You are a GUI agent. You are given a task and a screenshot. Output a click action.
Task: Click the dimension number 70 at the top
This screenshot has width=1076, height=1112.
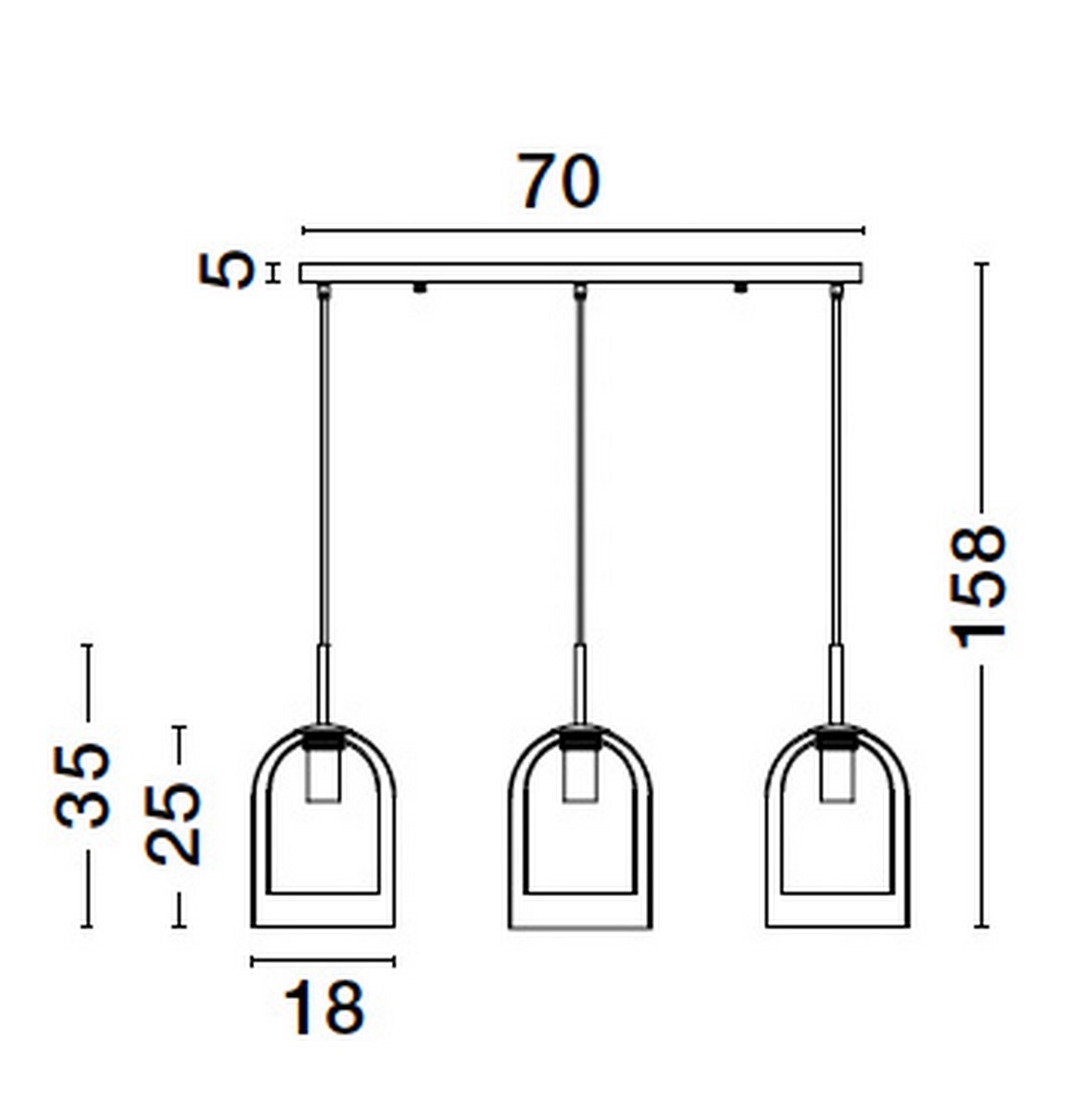pos(559,182)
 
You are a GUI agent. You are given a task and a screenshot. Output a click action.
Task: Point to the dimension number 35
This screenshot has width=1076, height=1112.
pos(82,784)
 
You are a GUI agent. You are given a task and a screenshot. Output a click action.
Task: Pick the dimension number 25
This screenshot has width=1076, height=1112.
pos(173,824)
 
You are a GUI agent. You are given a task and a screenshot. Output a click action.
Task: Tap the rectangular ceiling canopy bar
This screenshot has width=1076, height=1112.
pos(580,273)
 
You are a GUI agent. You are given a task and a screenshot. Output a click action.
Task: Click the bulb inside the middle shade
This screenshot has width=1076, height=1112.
pos(580,775)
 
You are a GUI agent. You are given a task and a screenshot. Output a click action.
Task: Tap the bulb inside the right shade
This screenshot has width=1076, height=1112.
pos(837,775)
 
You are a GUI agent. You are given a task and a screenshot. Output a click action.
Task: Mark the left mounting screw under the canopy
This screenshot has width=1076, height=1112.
pos(420,288)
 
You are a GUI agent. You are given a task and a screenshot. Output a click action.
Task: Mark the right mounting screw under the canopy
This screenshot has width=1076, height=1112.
pos(741,288)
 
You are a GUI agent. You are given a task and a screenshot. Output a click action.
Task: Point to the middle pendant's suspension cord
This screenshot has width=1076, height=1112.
pos(580,463)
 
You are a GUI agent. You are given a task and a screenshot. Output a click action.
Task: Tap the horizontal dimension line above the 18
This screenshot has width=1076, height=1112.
pos(323,962)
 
